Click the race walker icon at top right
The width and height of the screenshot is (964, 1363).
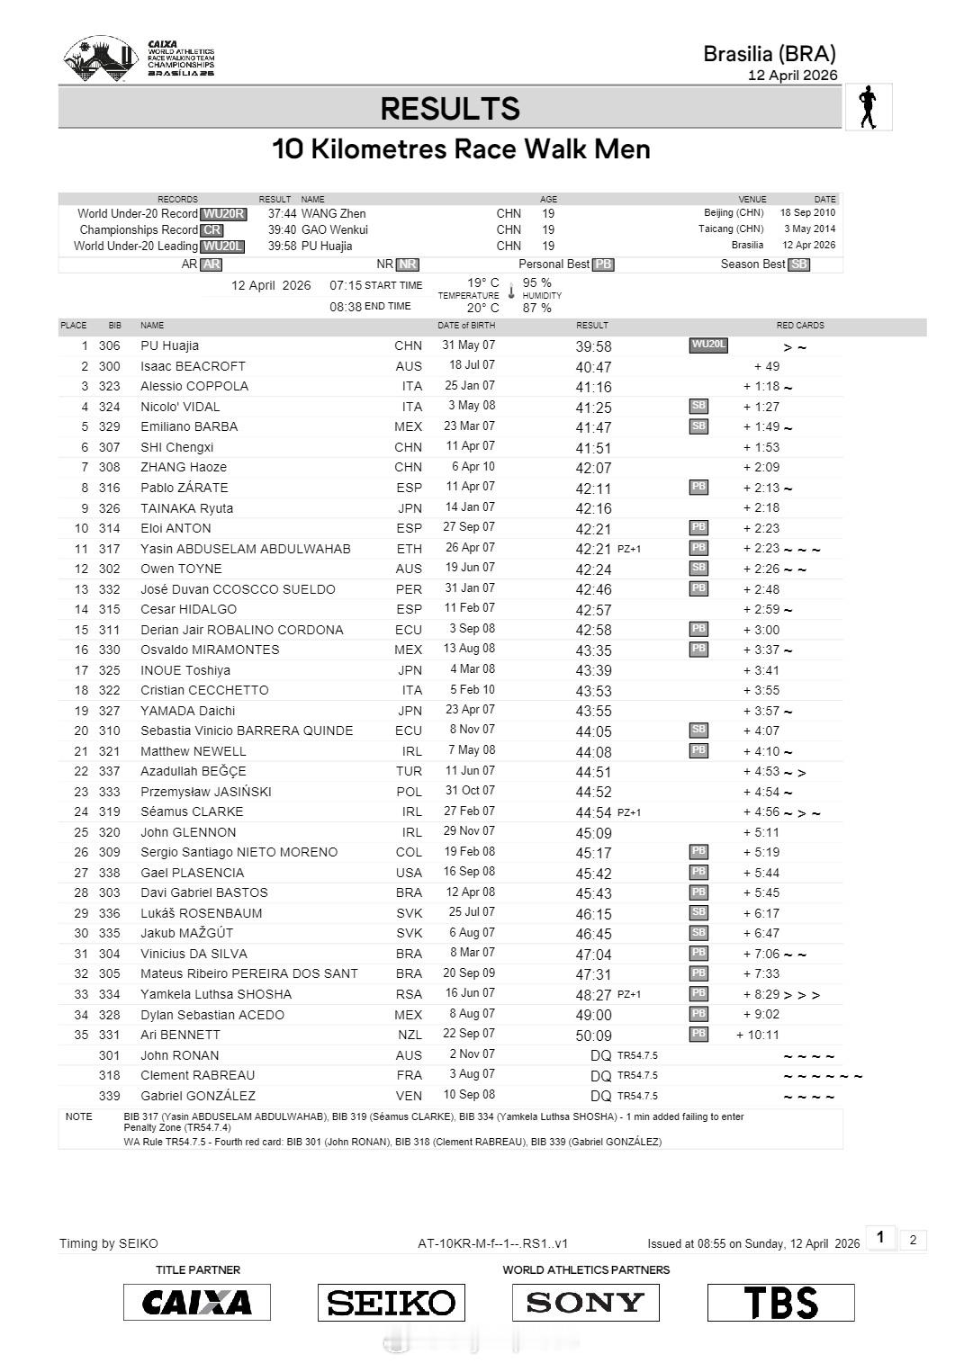coord(869,108)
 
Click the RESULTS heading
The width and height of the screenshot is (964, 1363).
coord(450,109)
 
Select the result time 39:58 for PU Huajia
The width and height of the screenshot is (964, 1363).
coord(593,346)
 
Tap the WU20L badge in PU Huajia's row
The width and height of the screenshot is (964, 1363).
coord(708,345)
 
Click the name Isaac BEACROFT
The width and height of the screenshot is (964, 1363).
coord(193,366)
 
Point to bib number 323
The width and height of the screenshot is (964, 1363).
coord(109,386)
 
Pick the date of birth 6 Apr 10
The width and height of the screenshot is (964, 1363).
coord(473,467)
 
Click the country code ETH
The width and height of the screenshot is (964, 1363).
coord(409,549)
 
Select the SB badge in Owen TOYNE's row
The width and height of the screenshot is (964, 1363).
coord(698,569)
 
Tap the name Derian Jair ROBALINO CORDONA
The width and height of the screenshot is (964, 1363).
coord(241,630)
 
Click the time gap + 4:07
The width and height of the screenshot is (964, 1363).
coord(761,731)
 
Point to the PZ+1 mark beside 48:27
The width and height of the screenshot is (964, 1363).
coord(629,995)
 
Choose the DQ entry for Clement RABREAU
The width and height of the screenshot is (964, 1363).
coord(600,1076)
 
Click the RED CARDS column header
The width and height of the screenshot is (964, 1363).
coord(800,326)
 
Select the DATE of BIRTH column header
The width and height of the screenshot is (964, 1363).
coord(466,326)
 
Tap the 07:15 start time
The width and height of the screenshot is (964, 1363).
coord(346,285)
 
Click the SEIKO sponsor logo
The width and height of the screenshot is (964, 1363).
coord(391,1302)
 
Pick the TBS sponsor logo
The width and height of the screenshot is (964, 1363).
coord(780,1302)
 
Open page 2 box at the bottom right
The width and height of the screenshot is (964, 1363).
coord(913,1240)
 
